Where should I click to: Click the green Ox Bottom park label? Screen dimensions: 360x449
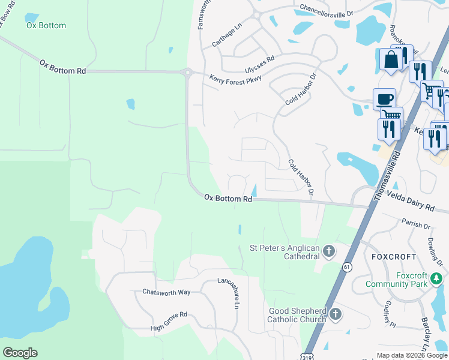(x=46, y=26)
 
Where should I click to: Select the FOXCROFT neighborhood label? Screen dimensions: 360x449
(x=394, y=256)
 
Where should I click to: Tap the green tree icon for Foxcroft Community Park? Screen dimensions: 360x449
(x=436, y=278)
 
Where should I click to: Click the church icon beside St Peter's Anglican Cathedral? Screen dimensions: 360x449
(x=328, y=251)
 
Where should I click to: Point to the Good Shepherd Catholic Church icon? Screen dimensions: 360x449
(x=336, y=314)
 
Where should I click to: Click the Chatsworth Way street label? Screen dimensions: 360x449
(x=166, y=292)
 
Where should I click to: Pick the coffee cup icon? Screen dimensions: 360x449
(x=384, y=98)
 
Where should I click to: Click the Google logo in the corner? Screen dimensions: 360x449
(x=20, y=353)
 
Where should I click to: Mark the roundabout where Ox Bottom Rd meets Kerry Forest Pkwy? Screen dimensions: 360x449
(x=188, y=73)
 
